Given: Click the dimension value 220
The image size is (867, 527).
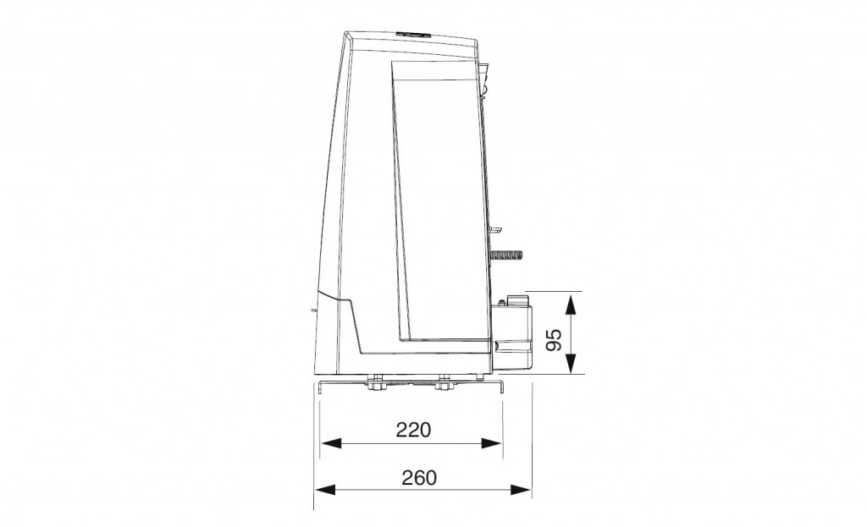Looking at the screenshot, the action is tap(413, 429).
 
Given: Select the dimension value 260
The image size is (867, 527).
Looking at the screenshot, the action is tap(419, 477).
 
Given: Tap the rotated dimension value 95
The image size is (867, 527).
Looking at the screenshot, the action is tap(554, 339).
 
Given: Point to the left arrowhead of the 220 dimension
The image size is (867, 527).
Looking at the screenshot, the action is tap(330, 443).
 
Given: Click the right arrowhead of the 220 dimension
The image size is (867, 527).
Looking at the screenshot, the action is tap(492, 443).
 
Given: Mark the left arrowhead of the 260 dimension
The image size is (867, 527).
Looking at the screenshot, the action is tap(324, 490).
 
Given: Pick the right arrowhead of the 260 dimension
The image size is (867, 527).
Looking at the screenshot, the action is tap(522, 490).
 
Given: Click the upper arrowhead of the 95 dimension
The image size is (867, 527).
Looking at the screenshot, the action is tap(572, 305).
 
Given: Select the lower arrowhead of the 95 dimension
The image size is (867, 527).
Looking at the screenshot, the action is tap(572, 363).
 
